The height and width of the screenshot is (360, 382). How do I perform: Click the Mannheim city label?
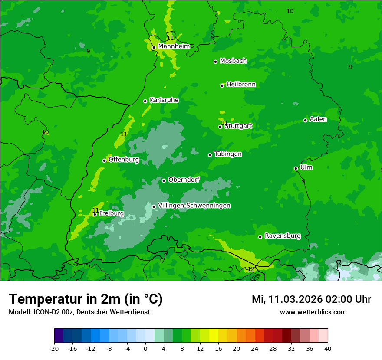174,46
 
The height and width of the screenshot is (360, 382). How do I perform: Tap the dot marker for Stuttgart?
220,127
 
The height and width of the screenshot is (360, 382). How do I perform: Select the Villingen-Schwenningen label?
194,206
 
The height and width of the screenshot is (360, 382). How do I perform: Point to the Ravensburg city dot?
260,237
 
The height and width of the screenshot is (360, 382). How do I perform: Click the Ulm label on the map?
306,167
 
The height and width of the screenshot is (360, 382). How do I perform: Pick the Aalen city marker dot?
305,120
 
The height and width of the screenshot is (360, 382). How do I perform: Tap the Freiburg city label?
111,213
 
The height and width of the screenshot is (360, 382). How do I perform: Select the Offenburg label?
124,160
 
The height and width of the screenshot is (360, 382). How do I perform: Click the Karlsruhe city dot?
145,101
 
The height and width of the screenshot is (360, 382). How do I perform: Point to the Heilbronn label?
241,85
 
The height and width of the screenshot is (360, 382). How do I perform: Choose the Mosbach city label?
233,61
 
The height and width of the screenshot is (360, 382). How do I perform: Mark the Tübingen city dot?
210,155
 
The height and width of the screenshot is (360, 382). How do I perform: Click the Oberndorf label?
184,180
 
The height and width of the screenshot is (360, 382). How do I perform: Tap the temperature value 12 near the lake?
250,269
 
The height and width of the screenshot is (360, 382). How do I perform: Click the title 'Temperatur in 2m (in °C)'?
86,299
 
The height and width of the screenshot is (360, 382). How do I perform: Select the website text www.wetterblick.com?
313,312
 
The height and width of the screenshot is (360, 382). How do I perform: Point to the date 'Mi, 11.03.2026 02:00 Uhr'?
311,299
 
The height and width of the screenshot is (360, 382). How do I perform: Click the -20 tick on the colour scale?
54,348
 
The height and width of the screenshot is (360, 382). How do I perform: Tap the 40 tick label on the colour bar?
327,348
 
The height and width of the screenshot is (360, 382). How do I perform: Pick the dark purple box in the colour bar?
59,336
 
